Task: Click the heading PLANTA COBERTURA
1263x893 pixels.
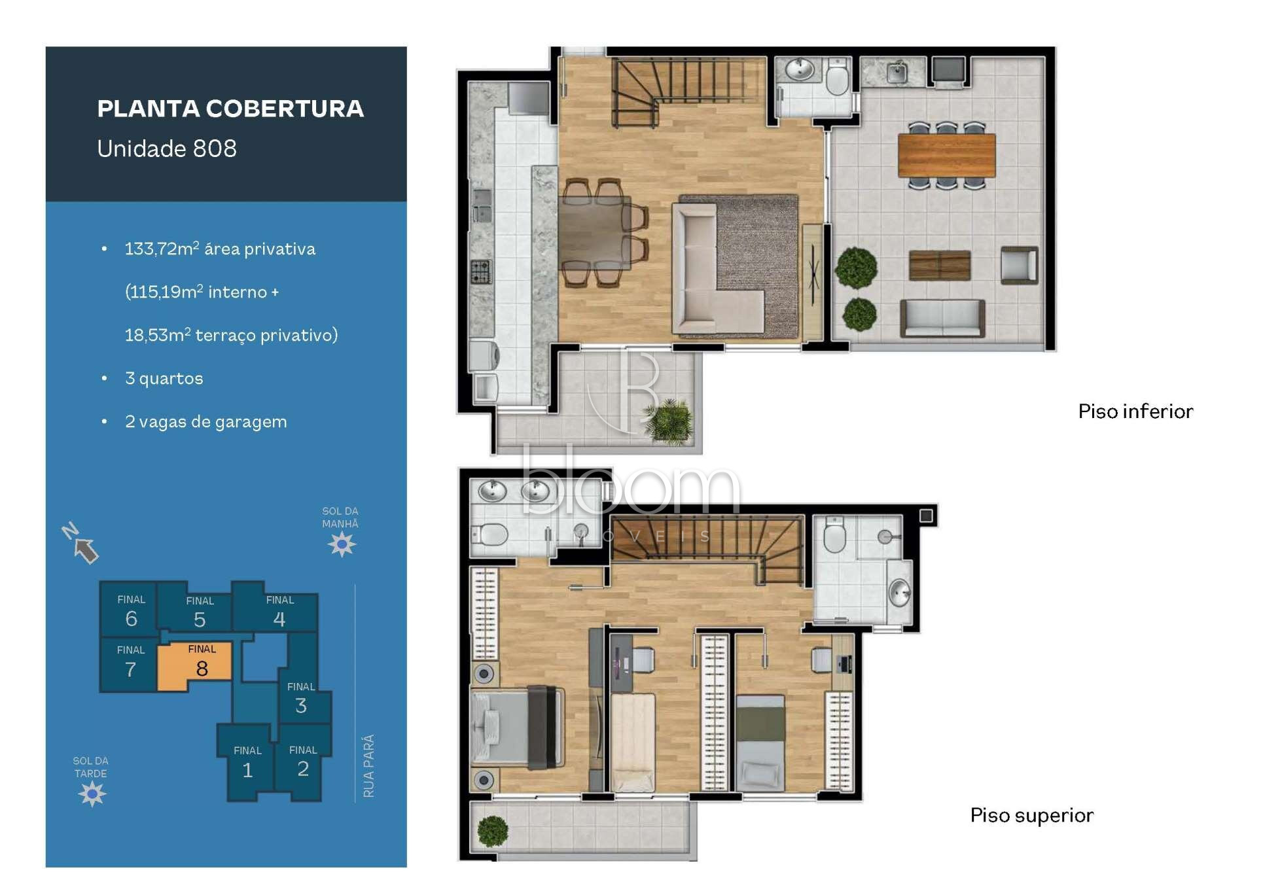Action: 230,109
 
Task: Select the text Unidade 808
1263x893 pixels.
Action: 167,149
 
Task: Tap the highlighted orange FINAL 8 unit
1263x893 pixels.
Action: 195,666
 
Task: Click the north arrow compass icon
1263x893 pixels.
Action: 80,542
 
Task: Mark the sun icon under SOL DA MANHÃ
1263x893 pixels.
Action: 342,544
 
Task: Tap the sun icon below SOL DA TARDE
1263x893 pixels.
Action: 92,794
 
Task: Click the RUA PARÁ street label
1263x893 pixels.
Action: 369,765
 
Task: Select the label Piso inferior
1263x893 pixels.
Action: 1135,411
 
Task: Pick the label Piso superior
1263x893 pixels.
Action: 1031,815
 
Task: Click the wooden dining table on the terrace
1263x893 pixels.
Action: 946,155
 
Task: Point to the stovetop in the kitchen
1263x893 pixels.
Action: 481,271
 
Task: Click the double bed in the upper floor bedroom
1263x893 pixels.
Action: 517,727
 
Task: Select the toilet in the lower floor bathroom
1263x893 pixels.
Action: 838,77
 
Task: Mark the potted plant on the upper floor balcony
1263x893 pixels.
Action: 493,831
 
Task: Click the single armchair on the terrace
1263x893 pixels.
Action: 1019,265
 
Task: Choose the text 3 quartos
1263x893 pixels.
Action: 164,379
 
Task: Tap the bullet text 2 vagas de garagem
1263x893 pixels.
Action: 205,422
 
